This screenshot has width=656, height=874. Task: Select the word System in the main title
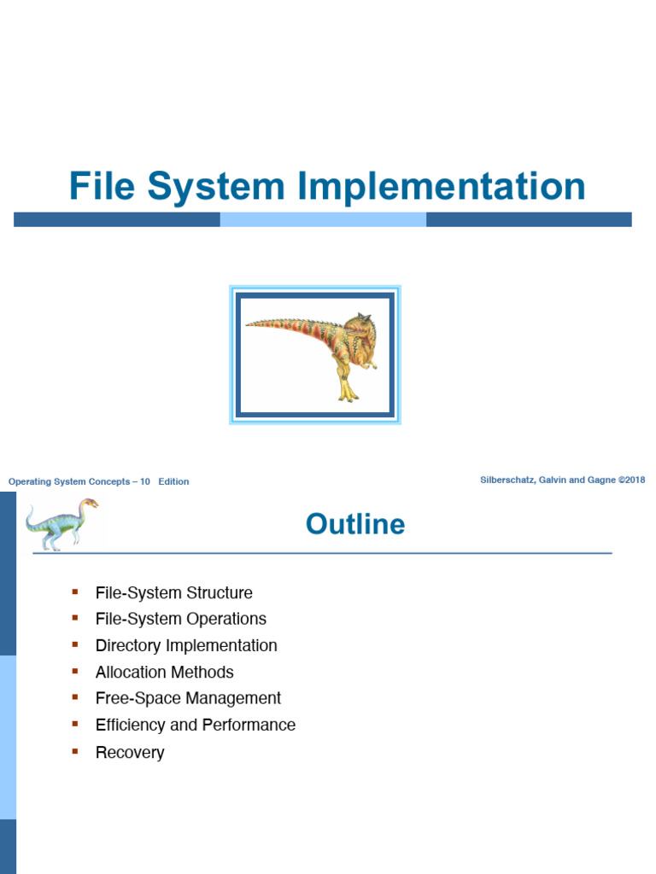tap(216, 188)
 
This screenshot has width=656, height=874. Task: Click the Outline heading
tap(355, 524)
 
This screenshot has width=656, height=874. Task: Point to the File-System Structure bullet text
tap(174, 592)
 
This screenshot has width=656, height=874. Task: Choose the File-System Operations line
tap(181, 619)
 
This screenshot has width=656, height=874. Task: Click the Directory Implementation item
tap(186, 645)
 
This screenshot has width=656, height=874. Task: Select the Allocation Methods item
tap(165, 673)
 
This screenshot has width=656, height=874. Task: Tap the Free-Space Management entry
tap(188, 698)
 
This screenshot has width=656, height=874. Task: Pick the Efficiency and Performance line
tap(196, 725)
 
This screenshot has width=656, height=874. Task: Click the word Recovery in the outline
tap(130, 753)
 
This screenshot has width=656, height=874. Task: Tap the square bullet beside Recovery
tap(75, 751)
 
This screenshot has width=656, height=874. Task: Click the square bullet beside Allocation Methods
tap(75, 671)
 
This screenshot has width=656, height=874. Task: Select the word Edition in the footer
tap(173, 481)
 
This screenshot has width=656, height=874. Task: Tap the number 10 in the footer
tap(145, 481)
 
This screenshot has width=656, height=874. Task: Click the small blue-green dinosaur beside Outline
tap(61, 525)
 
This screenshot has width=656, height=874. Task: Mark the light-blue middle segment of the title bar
tap(323, 219)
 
